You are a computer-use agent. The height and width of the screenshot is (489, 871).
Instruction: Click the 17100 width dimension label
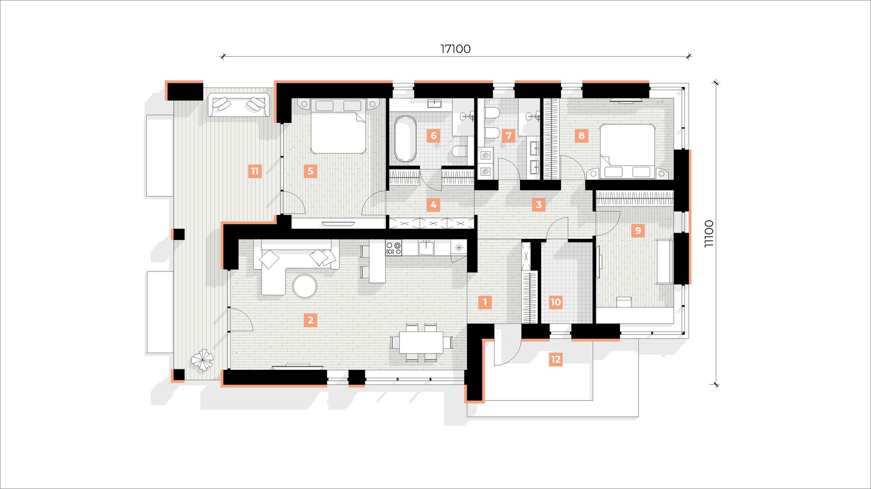point(455,49)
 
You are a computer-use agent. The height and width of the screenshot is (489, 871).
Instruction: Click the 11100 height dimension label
point(709,234)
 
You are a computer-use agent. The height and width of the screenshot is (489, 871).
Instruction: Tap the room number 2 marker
point(310,321)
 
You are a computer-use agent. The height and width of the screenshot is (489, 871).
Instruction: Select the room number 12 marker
point(556,359)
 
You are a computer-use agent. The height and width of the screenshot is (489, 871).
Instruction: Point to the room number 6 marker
point(433,136)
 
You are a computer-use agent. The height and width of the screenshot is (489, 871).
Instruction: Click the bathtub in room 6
point(405,139)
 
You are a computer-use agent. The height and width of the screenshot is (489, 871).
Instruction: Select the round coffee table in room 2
point(305,286)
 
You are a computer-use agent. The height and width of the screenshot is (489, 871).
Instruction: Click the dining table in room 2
point(421,342)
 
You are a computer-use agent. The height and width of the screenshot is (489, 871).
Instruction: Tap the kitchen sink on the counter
point(426,248)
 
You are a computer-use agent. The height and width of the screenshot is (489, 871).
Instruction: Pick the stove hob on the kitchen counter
point(394,248)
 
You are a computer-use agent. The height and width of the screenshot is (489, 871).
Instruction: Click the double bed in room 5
point(338,126)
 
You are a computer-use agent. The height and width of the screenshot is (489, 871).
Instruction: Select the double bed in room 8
point(627,151)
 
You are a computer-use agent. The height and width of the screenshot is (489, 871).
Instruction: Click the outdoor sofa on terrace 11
point(238,105)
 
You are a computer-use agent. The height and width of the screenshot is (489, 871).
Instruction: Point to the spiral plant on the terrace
point(202,360)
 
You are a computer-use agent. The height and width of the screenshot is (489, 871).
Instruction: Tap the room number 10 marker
point(556,302)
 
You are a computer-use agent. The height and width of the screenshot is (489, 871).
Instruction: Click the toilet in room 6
point(459,151)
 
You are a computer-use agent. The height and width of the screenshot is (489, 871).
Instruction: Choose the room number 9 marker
point(638,231)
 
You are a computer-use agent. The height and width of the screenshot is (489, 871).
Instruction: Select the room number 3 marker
point(539,205)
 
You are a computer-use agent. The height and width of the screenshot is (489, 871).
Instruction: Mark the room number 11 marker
point(255,171)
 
